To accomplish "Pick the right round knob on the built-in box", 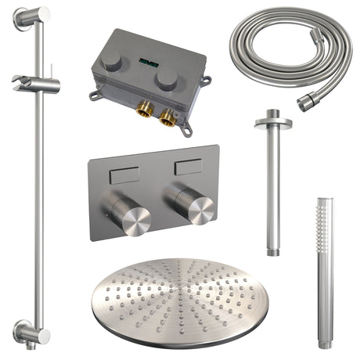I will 166,77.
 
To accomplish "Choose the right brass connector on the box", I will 167,117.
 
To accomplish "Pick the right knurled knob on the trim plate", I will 196,208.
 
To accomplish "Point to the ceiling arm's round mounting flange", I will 272,122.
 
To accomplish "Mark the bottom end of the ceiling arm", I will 273,250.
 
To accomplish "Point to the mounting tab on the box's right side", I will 207,81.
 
